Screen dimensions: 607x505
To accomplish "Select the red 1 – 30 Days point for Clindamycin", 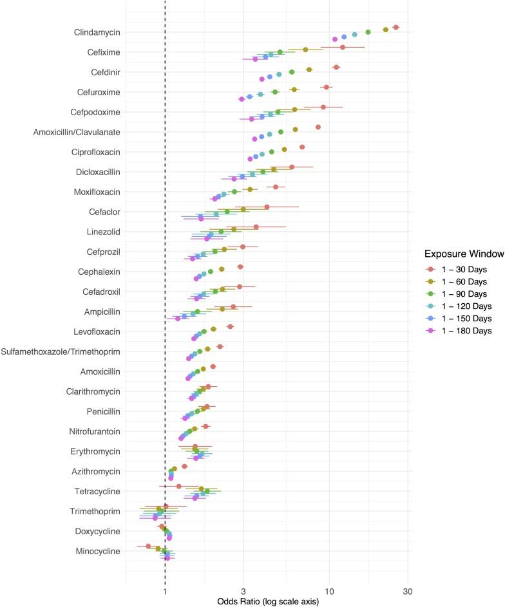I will [395, 27].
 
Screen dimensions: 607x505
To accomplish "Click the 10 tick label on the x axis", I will [329, 592].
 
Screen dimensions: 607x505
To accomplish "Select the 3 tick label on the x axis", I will [243, 592].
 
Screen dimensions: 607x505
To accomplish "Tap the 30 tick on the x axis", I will [407, 592].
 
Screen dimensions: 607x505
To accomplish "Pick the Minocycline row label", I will [97, 552].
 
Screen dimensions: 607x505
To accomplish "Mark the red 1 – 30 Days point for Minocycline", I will [148, 546].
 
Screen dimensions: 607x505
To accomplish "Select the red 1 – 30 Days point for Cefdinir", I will [336, 67].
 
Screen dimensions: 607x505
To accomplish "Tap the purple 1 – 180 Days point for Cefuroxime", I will [242, 99].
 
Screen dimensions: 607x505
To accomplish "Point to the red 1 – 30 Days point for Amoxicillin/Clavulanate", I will [318, 127].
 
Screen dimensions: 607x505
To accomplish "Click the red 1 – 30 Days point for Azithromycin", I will [184, 466].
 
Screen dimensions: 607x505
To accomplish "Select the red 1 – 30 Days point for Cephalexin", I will [240, 266].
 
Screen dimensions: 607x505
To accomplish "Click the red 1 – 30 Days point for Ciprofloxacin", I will [301, 147].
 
